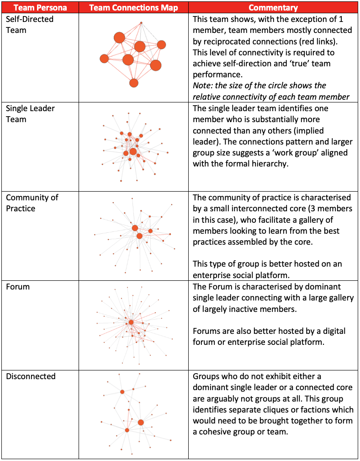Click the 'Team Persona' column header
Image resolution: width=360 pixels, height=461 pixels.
pos(41,8)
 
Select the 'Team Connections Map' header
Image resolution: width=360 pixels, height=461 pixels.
pos(133,8)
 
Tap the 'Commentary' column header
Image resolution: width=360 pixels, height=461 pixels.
pos(273,8)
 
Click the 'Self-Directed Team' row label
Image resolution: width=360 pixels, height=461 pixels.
pos(29,25)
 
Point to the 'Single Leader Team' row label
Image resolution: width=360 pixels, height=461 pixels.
pos(30,114)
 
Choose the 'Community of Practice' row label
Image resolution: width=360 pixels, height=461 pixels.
pos(32,203)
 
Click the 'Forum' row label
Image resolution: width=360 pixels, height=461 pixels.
pos(17,287)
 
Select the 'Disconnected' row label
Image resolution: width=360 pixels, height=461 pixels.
pos(31,376)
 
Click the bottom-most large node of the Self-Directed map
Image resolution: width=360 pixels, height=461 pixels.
pos(133,83)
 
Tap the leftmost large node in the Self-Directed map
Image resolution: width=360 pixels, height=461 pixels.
pos(104,59)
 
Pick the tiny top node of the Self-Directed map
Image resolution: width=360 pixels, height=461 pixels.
pos(141,23)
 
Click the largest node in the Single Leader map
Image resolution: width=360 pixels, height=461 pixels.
pos(133,151)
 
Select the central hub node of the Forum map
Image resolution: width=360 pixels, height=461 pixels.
pos(131,322)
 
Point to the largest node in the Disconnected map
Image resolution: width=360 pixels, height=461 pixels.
pos(141,422)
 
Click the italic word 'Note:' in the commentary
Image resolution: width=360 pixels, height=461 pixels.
pos(204,86)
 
